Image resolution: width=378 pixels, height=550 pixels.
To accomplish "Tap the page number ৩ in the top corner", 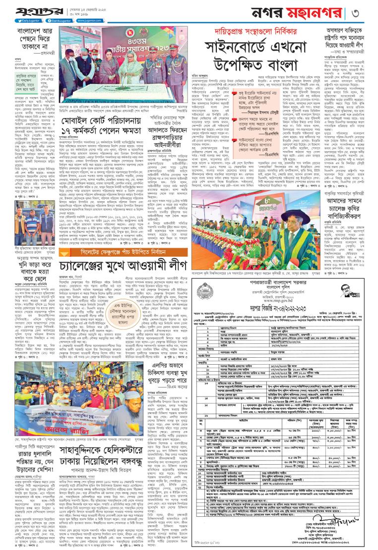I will coord(369,11).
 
